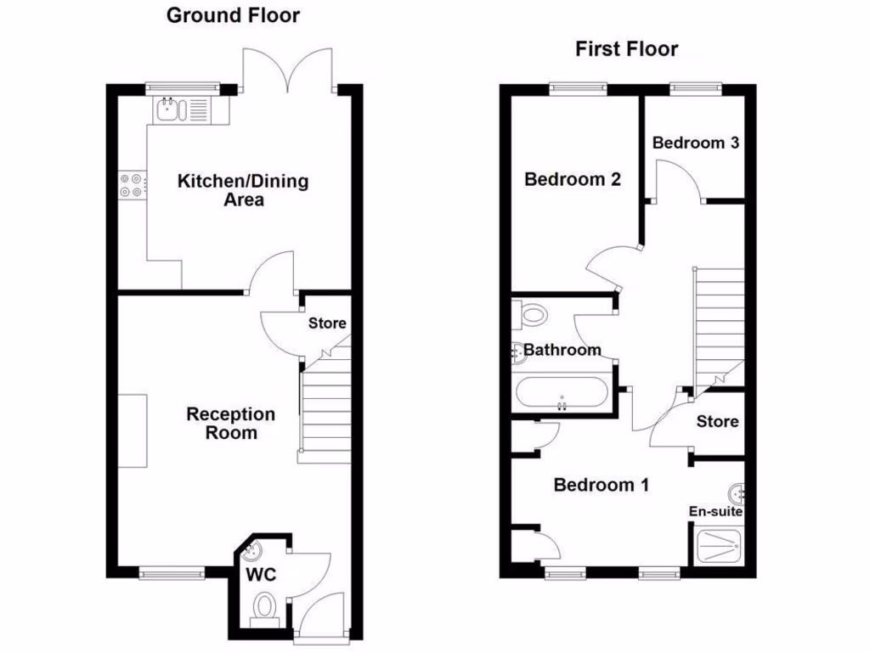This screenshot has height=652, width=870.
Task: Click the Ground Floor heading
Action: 233,14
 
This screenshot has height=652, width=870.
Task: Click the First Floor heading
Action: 627,49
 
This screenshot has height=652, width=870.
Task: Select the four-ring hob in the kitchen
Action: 132,185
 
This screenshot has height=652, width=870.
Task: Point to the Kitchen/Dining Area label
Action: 243,190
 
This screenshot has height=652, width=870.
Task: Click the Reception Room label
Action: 231,423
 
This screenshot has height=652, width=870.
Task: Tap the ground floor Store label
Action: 327,323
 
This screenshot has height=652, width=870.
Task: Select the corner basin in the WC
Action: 252,554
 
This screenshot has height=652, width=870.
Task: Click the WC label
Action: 262,575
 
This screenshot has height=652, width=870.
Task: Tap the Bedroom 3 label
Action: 695,143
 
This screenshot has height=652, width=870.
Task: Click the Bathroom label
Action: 562,350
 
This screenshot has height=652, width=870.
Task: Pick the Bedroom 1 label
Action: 601,485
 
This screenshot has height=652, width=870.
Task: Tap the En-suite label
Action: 715,512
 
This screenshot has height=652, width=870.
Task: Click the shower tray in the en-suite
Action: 719,545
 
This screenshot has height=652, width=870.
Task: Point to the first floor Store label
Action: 717,421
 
